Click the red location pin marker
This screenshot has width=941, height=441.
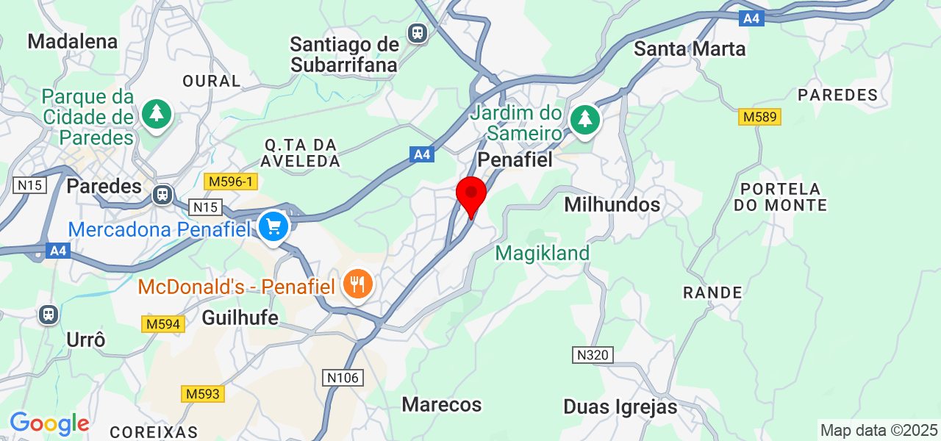pos(471,194)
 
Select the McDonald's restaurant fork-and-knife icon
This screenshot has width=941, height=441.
pos(358,284)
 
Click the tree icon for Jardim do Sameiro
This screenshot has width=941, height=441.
pos(585,118)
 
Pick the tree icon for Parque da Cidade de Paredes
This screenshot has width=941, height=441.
pos(156,114)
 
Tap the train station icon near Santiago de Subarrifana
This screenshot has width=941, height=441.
pos(418,32)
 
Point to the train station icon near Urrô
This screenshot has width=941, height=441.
pos(49,315)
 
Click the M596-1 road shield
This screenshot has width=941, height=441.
pos(230,182)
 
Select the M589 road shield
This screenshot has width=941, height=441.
pos(759,117)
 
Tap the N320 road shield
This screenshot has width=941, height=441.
pos(593,356)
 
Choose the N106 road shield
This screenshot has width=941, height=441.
pos(343,378)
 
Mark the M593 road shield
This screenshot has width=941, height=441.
pos(202,394)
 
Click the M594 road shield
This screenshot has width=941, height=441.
pos(162,324)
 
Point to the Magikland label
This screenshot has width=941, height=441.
pos(543,254)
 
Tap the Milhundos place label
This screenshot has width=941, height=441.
pos(612,204)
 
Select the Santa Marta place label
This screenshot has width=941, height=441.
pos(690,49)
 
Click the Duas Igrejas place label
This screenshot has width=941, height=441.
pos(620,406)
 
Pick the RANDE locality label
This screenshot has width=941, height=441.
pos(712,293)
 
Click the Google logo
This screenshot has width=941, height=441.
pos(49,424)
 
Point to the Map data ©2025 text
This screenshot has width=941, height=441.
pos(879,430)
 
